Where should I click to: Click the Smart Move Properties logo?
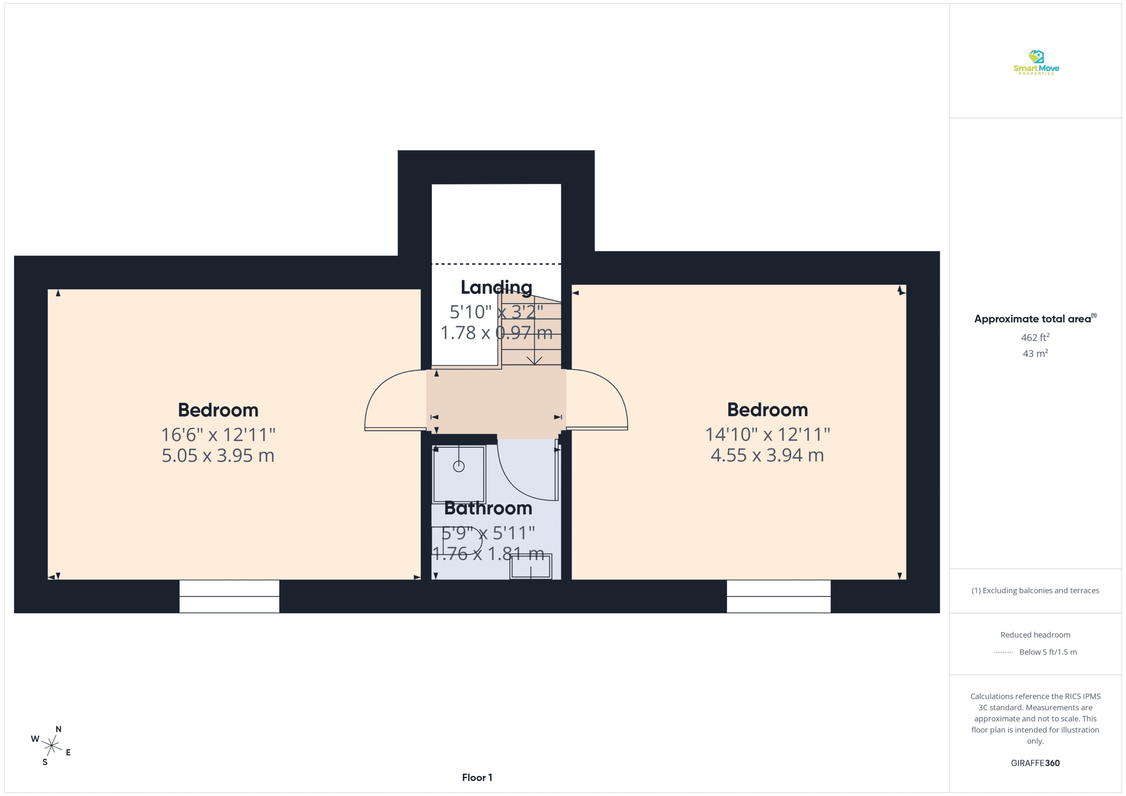point(1036,62)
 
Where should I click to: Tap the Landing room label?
point(496,287)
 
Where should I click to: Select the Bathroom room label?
point(488,508)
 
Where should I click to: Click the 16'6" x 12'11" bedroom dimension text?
point(218,435)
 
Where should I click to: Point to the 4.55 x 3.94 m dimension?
point(767,455)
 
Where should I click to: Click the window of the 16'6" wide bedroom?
point(229,596)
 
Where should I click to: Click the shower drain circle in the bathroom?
point(459,466)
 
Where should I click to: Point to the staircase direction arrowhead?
point(534,361)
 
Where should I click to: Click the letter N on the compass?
point(58,729)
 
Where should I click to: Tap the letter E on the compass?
point(68,752)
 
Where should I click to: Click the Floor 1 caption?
point(477,778)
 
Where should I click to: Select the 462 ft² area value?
point(1035,337)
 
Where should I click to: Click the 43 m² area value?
point(1035,353)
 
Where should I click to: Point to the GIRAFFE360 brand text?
point(1035,763)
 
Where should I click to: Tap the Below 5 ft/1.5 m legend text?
point(1048,652)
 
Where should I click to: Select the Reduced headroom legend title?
point(1035,635)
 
